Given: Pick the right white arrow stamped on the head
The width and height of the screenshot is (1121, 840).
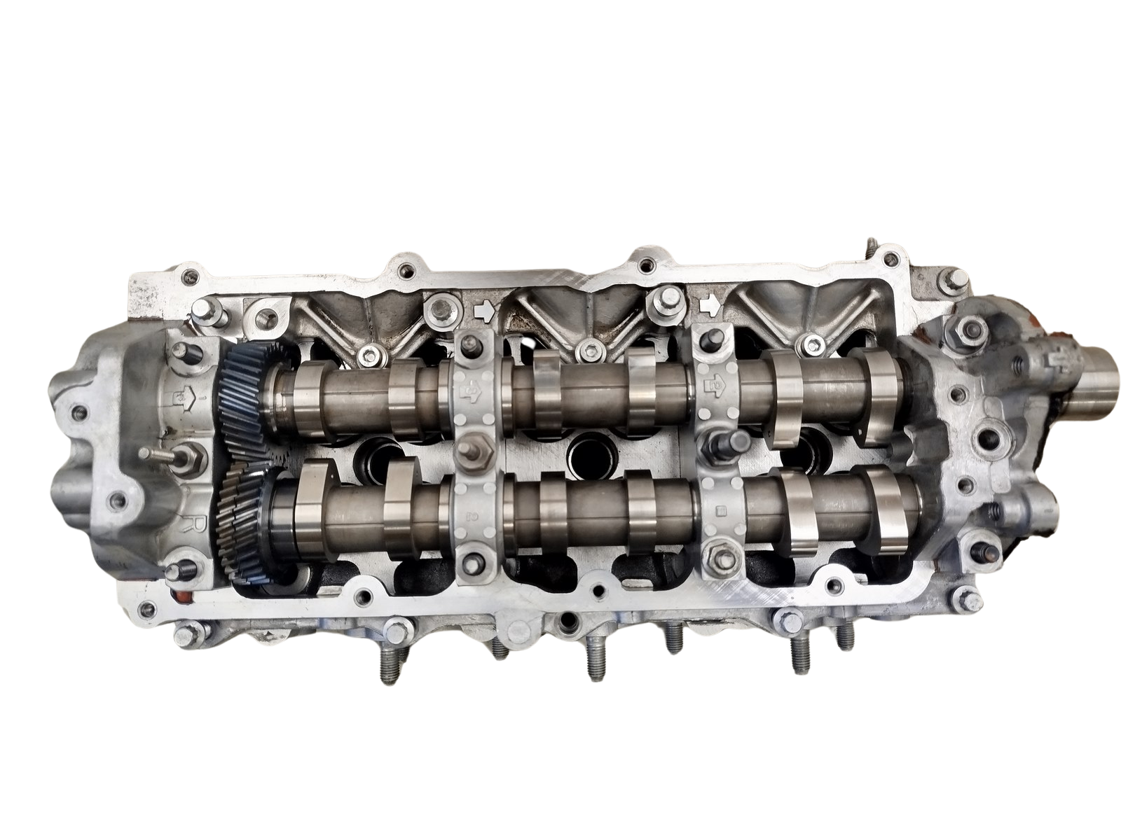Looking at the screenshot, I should pos(710,305).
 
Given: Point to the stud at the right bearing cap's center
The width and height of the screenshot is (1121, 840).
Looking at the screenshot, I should pos(722,440).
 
